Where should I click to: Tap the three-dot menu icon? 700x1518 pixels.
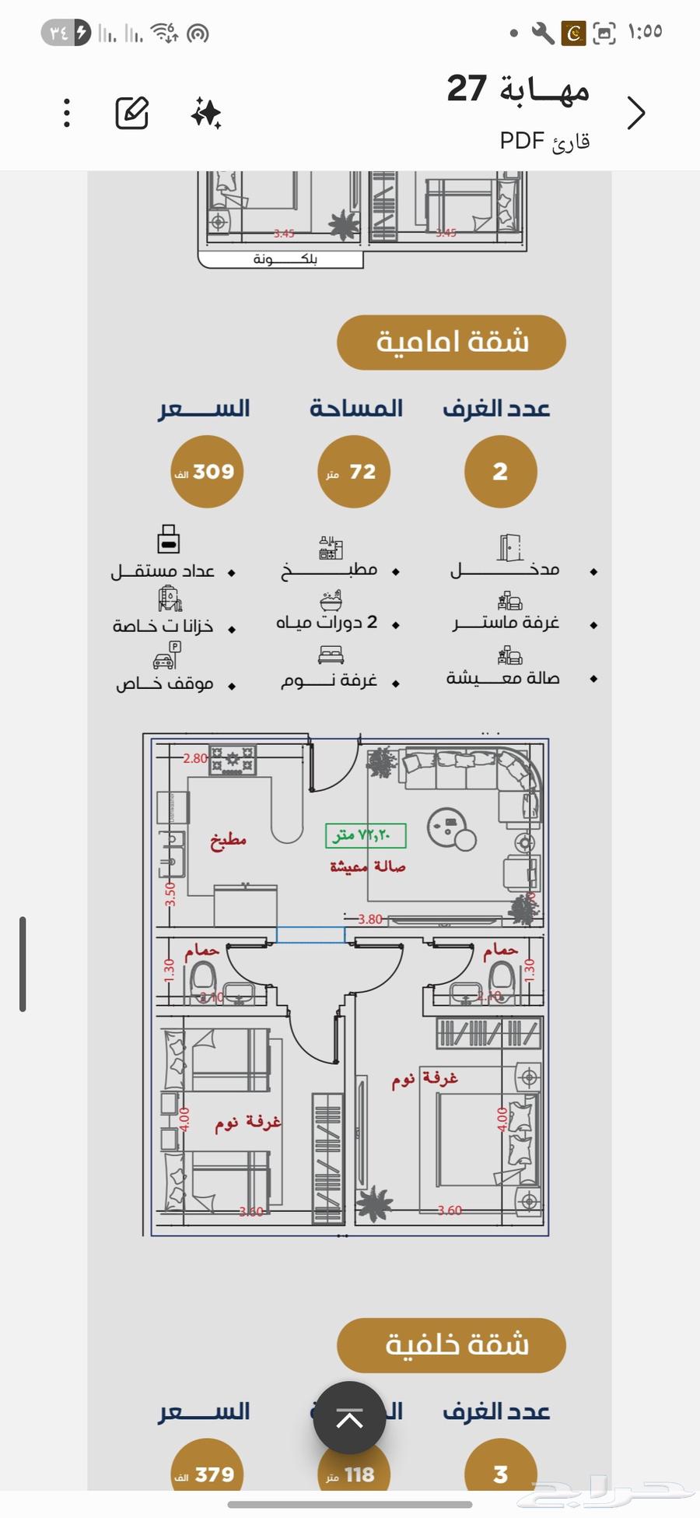pos(67,114)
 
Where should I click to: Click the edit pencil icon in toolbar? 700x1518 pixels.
pos(132,114)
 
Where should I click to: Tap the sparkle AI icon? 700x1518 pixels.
pos(206,114)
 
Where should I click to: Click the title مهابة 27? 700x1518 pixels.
pos(518,89)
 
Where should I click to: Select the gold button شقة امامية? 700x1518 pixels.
pos(451,343)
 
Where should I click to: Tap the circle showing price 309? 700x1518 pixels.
pos(207,472)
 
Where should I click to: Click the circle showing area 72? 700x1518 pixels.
pos(354,472)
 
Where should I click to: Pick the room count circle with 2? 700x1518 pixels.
pos(500,472)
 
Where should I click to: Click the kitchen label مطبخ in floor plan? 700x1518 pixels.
pos(228,841)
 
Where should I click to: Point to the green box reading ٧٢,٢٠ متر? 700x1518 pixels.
pos(366,835)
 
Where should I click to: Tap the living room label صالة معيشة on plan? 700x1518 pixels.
pos(367,866)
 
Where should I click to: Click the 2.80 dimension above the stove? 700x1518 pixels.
pos(194,758)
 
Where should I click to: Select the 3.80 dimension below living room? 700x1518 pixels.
pos(370,919)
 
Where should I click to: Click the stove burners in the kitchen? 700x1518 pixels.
pos(232,761)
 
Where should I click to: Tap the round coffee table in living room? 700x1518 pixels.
pos(447,825)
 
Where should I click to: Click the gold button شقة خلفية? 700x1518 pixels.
pos(451,1345)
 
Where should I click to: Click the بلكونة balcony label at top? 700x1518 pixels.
pos(285,259)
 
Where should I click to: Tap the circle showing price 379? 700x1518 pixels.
pos(207,1474)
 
